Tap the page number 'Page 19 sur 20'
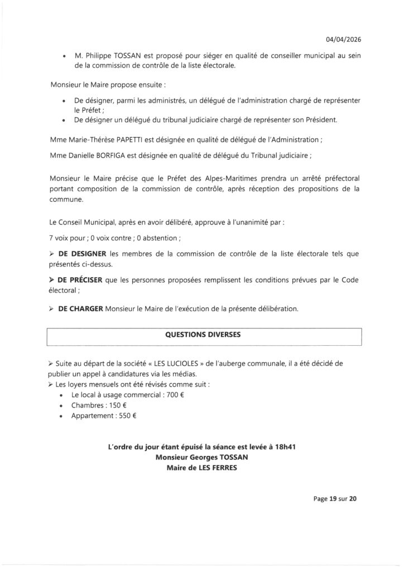point(333,499)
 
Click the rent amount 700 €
point(176,394)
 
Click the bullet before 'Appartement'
point(61,415)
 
